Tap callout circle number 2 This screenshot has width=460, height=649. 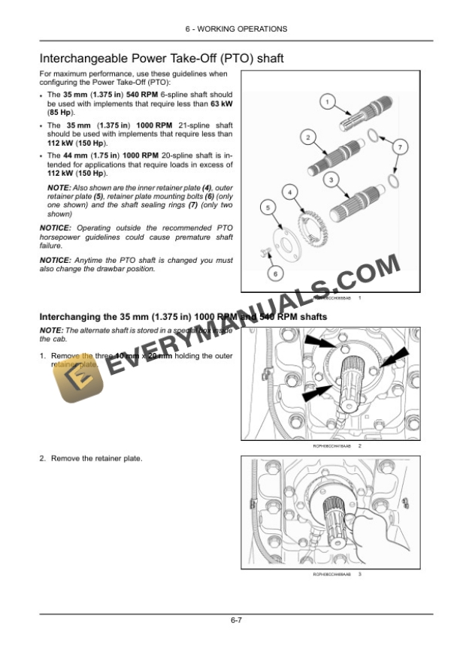[307, 137]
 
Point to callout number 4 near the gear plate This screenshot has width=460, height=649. [289, 194]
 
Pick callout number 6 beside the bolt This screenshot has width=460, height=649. [275, 273]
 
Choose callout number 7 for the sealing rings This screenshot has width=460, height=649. [400, 147]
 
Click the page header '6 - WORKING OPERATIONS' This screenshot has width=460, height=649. [235, 29]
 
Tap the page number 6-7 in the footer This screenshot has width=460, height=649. [235, 620]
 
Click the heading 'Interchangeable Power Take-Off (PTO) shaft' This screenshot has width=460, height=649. [161, 58]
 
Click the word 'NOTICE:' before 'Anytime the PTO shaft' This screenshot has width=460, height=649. [56, 260]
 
